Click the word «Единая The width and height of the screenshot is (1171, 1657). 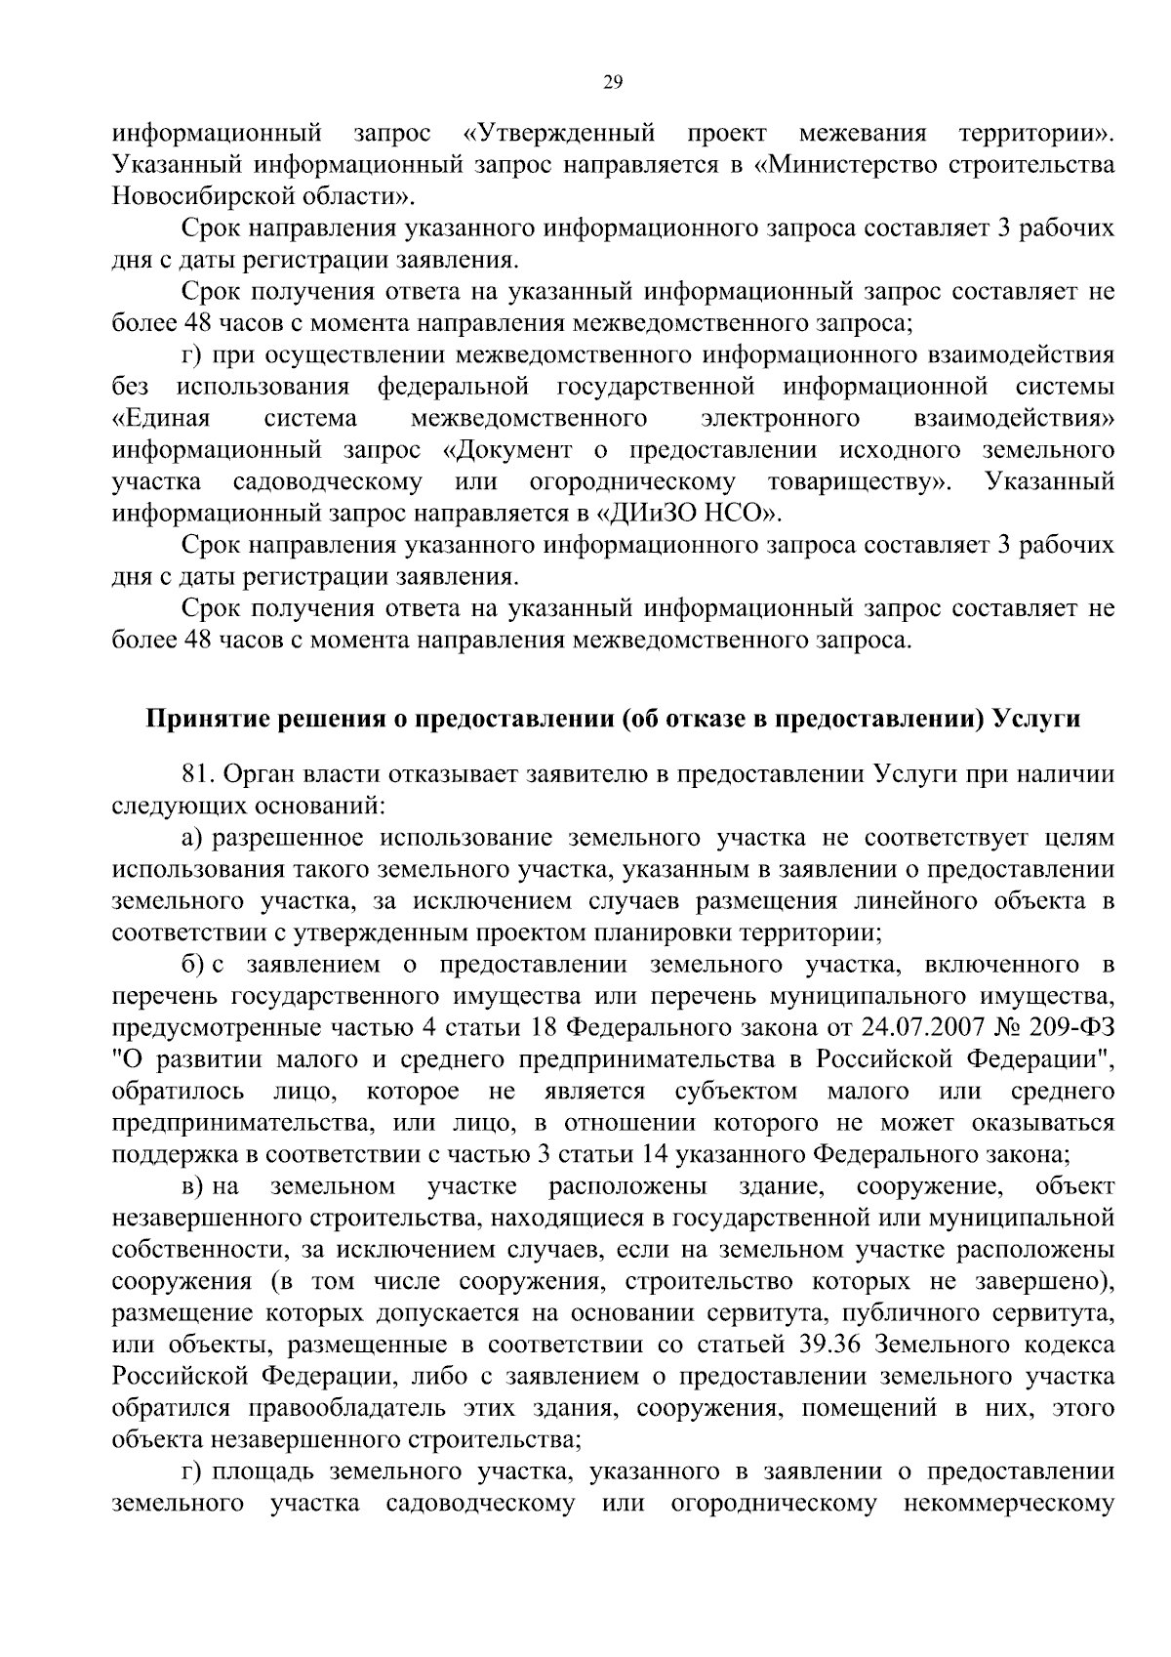tap(161, 420)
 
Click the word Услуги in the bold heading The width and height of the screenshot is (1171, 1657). tap(1037, 720)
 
